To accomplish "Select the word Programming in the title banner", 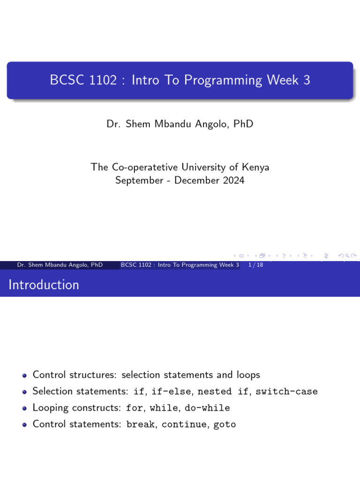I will click(223, 80).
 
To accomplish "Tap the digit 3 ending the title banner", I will click(307, 80).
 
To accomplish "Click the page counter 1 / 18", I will click(255, 265).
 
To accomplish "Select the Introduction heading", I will click(44, 285).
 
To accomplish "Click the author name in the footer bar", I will click(60, 265).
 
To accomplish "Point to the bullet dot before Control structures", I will click(24, 375).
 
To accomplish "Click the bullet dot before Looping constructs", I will click(24, 408).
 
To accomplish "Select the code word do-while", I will click(207, 408).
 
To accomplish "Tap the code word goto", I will click(225, 424).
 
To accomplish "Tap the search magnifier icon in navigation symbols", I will click(349, 255).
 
